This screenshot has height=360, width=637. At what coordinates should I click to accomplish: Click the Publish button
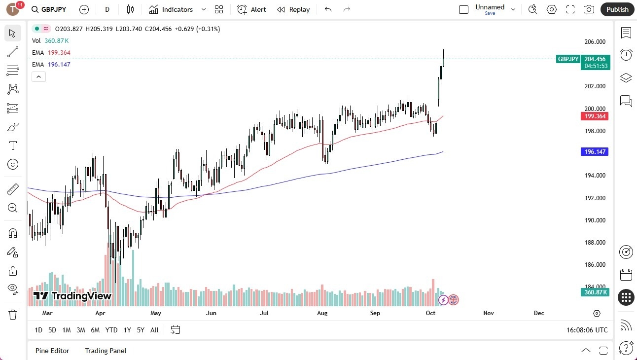click(617, 9)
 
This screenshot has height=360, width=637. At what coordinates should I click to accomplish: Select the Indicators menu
click(177, 9)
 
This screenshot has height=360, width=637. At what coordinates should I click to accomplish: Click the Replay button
click(293, 9)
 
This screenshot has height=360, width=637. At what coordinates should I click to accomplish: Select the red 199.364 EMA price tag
click(595, 116)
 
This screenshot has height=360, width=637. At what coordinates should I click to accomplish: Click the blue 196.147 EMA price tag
click(595, 152)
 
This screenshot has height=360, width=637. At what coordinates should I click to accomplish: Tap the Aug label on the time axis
click(322, 313)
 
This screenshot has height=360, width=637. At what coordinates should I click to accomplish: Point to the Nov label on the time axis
click(489, 313)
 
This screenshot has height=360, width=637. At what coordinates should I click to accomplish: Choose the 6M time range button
click(95, 330)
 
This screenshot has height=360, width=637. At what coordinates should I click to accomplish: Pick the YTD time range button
click(111, 330)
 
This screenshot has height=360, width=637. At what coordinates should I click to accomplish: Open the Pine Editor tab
click(52, 351)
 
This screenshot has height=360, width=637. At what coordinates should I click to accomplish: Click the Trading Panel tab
click(106, 351)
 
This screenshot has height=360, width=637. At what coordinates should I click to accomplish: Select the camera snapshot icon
click(589, 9)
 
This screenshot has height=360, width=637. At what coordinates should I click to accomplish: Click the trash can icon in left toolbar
click(13, 315)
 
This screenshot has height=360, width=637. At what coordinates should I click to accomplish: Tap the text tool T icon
click(13, 145)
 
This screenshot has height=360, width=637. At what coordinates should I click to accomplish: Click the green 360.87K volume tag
click(595, 292)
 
